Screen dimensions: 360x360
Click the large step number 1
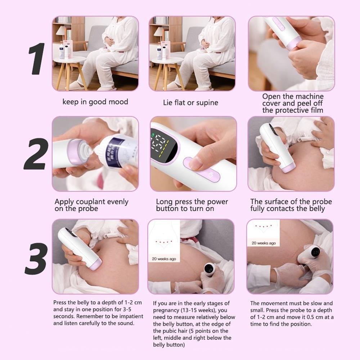(37, 59)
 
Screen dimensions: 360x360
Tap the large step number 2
(36, 154)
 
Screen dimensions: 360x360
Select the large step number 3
(36, 258)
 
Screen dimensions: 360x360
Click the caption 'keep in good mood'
(95, 102)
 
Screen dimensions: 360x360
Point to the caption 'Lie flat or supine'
(190, 102)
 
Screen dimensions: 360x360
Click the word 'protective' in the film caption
(292, 110)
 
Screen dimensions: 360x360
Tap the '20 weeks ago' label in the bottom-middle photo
(164, 259)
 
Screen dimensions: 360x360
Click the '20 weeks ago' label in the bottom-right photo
(264, 243)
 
